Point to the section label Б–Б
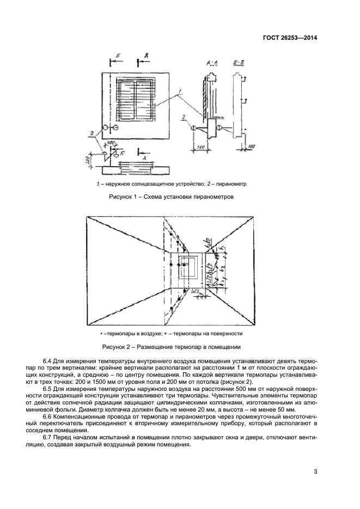tap(238, 64)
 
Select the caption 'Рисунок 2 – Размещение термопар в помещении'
tap(172, 346)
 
